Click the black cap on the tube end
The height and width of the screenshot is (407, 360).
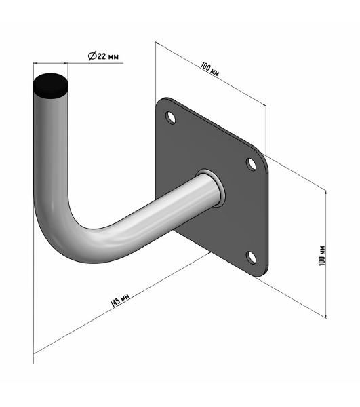[51, 85]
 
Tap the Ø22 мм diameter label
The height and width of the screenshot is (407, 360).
[103, 56]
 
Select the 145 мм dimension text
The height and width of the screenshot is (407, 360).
[119, 301]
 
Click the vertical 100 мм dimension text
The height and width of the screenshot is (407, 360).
[321, 256]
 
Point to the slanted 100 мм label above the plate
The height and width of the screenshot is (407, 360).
[209, 69]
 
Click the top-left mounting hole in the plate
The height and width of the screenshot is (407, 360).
[170, 117]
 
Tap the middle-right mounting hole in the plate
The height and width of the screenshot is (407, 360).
[251, 164]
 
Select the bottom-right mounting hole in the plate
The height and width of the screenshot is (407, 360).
[251, 258]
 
